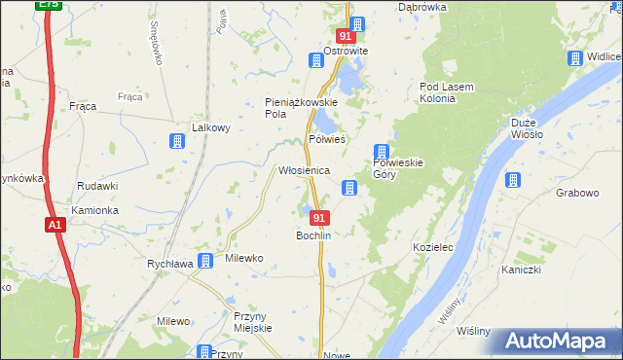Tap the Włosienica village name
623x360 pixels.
(x=304, y=170)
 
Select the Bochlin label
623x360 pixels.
(x=314, y=236)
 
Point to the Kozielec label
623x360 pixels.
(x=434, y=248)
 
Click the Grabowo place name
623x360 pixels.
(x=577, y=193)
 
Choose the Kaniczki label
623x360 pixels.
(x=522, y=270)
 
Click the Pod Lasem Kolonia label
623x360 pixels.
(x=446, y=92)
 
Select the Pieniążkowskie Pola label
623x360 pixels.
(x=301, y=107)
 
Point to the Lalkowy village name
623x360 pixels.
(x=210, y=127)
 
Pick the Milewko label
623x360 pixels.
(x=244, y=258)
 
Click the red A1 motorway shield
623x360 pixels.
(x=55, y=225)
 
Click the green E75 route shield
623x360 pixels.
(x=48, y=5)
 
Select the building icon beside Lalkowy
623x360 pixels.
(x=177, y=141)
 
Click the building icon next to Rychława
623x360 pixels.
(x=206, y=260)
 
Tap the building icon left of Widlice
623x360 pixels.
(x=575, y=57)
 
